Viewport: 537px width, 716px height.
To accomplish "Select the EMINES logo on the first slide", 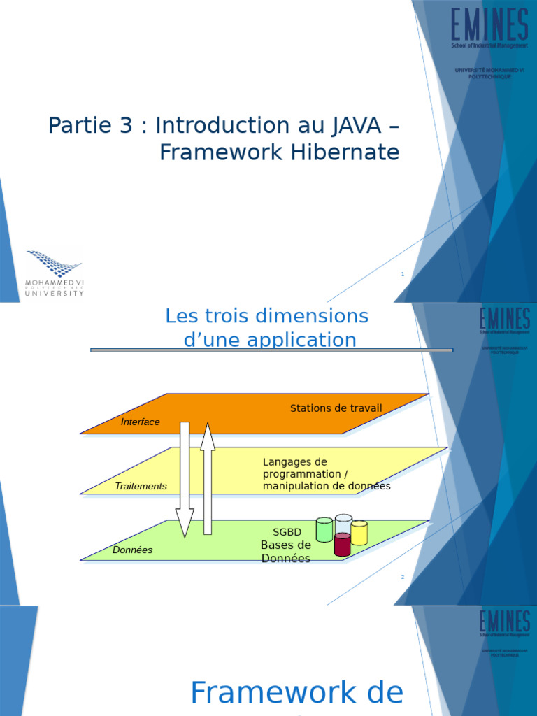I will click(x=489, y=28).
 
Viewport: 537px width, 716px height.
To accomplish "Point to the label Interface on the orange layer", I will click(x=140, y=422).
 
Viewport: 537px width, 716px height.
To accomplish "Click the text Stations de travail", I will click(x=336, y=408).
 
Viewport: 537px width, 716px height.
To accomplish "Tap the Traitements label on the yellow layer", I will click(x=141, y=486).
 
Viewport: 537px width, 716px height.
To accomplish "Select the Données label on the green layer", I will click(x=132, y=550).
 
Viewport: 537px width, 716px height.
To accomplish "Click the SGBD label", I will click(x=287, y=532).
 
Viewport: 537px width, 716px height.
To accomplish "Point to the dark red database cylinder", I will click(x=342, y=545).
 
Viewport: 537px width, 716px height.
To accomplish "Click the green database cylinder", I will click(x=324, y=530).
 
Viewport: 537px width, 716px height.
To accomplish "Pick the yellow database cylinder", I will click(x=359, y=534).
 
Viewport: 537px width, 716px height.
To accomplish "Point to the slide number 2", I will click(x=403, y=577).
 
